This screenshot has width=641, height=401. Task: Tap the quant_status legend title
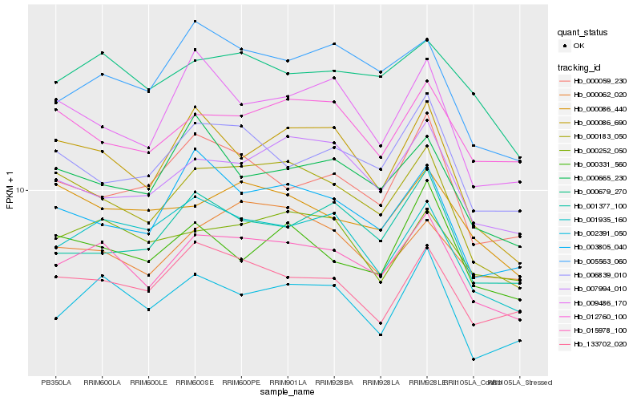pos(583,32)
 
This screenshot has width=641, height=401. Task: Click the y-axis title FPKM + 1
pos(10,190)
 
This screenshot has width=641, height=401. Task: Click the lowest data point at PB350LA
pos(56,318)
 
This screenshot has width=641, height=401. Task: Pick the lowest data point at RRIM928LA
pos(381,334)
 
